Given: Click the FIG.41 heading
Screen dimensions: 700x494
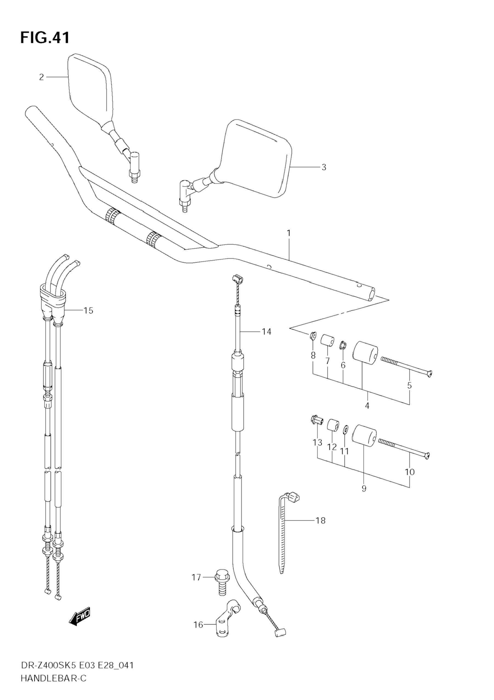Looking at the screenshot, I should [45, 38].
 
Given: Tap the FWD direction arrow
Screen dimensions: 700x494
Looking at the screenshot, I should [80, 617].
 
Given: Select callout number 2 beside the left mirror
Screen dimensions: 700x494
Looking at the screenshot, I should [41, 77].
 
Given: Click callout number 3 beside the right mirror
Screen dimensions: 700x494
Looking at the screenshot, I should [324, 167].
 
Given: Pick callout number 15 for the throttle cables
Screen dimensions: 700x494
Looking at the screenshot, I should [88, 311].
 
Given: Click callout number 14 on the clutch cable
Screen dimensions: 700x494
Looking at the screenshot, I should [266, 332].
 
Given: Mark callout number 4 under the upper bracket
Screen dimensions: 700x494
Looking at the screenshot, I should [367, 406].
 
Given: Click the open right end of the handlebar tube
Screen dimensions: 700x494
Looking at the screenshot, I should [372, 295].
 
